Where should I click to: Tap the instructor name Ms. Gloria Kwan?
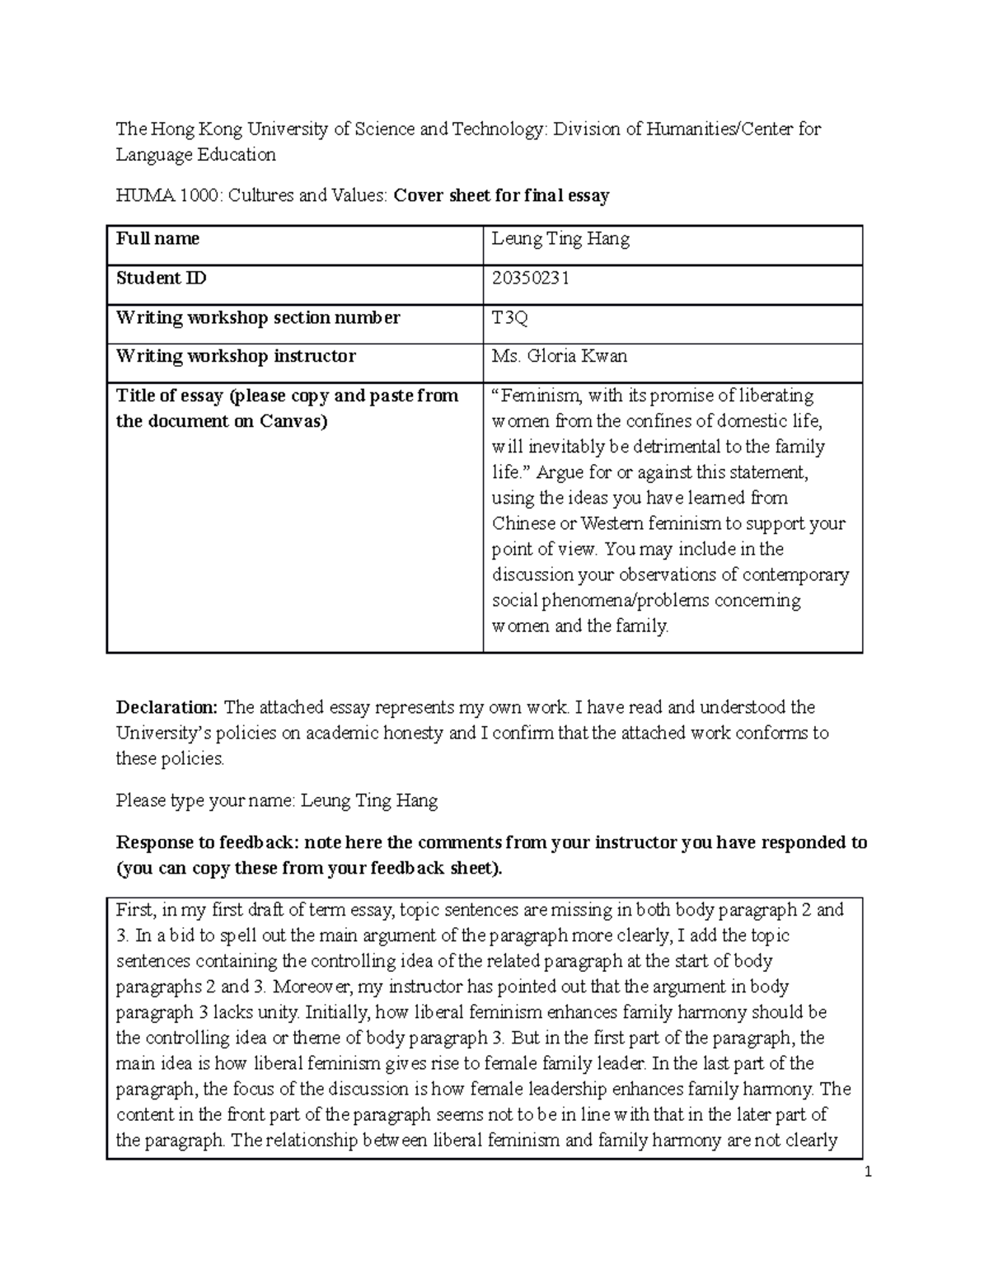pyautogui.click(x=559, y=356)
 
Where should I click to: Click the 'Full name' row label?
pyautogui.click(x=157, y=239)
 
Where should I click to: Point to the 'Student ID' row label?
pyautogui.click(x=161, y=279)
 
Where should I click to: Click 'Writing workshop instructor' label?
pyautogui.click(x=236, y=356)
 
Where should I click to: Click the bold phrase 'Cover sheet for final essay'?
pyautogui.click(x=501, y=196)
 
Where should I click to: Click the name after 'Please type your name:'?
pyautogui.click(x=368, y=800)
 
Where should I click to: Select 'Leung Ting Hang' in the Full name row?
pyautogui.click(x=560, y=239)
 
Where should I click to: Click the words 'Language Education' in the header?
pyautogui.click(x=195, y=155)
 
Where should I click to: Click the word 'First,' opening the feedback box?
pyautogui.click(x=134, y=910)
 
